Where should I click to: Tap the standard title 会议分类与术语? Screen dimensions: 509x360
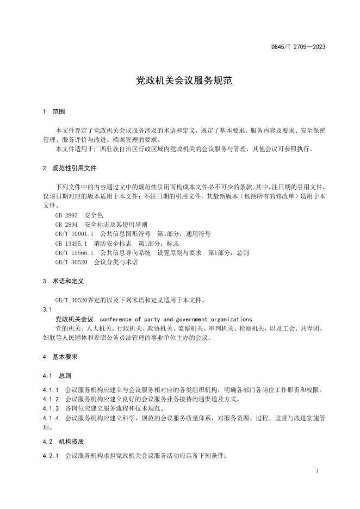coord(116,262)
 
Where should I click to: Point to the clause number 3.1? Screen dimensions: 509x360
coord(46,309)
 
